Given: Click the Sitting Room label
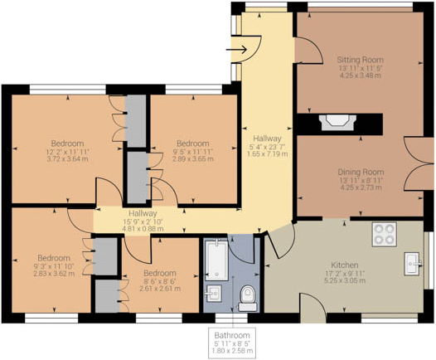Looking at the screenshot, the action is [x=360, y=60].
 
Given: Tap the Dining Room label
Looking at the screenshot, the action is [x=361, y=172].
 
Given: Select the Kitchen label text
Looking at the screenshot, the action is [x=345, y=265].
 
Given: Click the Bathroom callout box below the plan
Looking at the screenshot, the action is [x=232, y=343].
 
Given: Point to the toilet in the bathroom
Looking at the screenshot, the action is [x=247, y=298].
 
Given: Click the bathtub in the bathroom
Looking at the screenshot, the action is [x=216, y=260].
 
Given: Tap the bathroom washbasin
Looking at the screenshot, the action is [x=213, y=293].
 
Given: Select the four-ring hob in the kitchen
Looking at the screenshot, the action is [x=384, y=234].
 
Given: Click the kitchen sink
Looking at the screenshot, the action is [x=413, y=264].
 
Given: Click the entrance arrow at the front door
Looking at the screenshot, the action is [x=236, y=50].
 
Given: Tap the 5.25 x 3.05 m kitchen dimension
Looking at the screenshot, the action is [x=345, y=280].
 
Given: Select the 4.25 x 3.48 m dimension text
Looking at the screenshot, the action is [x=361, y=75].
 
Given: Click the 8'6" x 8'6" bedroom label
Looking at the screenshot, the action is [x=160, y=280].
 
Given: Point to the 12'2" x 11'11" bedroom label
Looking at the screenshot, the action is [x=68, y=152].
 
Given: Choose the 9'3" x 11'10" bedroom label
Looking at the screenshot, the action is [x=54, y=265].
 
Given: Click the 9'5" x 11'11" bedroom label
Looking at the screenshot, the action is [x=193, y=152].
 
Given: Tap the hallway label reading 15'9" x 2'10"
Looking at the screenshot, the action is [x=143, y=221].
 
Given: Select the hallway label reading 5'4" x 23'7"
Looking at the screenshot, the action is [x=268, y=146].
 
